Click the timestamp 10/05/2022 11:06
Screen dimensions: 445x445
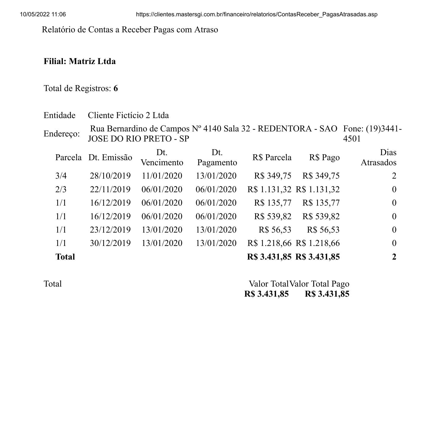point(43,14)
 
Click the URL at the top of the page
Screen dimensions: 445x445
point(257,14)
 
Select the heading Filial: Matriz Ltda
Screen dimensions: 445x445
point(80,61)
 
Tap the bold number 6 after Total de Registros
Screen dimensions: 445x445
point(116,88)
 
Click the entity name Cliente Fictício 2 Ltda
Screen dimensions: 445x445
point(128,115)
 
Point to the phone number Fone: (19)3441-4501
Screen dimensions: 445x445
point(372,134)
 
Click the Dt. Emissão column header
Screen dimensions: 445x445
point(110,158)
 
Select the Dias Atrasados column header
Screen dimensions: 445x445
point(378,158)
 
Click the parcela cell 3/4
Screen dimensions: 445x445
point(61,176)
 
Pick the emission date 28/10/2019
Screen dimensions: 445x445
point(110,176)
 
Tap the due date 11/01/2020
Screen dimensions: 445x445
point(162,176)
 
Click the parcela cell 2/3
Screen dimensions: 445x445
point(61,189)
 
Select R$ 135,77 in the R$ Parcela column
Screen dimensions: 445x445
point(273,203)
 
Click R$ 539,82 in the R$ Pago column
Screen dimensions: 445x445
point(321,216)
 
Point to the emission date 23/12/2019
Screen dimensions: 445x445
point(110,230)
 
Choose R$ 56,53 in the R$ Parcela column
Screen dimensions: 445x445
point(275,230)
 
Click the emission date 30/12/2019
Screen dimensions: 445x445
point(110,243)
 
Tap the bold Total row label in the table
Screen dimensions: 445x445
point(65,257)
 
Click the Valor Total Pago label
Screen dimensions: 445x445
point(319,284)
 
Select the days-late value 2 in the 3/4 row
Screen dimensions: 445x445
point(394,176)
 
